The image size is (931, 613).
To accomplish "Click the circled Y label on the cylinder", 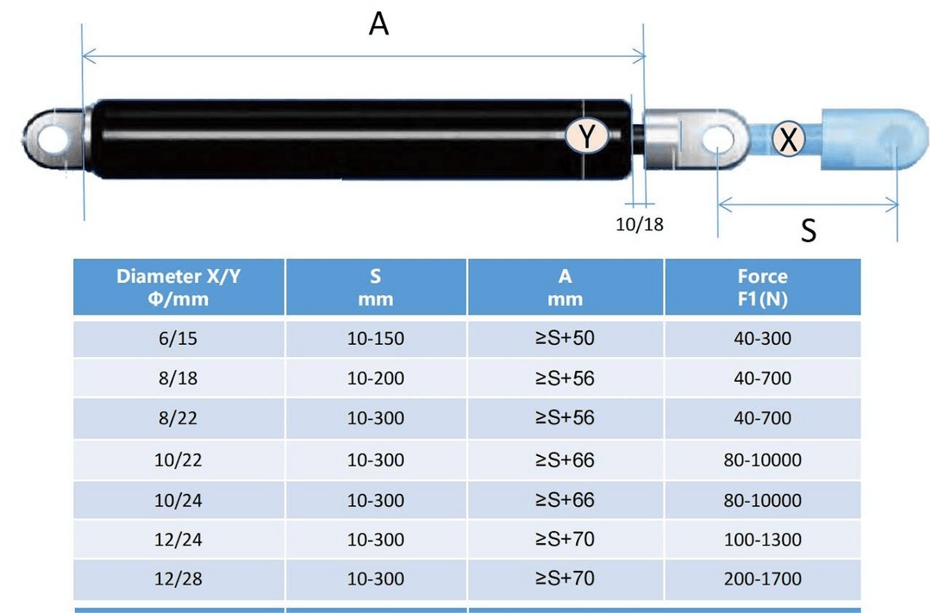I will (x=587, y=137).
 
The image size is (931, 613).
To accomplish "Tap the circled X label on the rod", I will (x=787, y=138).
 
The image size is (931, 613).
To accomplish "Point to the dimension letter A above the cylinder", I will (x=378, y=24).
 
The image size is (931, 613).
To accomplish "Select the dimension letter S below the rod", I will (x=808, y=230).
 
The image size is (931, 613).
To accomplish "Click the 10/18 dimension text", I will (x=640, y=224).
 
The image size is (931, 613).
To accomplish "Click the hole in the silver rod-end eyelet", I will (x=715, y=138).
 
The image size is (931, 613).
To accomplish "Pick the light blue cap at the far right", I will (x=862, y=138).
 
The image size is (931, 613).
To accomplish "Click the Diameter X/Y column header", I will (x=178, y=287).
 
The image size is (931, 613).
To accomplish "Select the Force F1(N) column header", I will (x=762, y=287).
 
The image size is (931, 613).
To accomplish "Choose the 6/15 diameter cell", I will (x=178, y=339).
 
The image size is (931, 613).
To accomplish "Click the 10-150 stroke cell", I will (x=375, y=339).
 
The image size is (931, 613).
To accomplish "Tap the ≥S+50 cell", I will (x=565, y=338).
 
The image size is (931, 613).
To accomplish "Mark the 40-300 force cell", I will (x=762, y=339).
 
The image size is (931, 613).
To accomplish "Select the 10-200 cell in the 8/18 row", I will (x=375, y=378).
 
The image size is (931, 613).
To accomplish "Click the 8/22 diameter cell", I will (x=178, y=419).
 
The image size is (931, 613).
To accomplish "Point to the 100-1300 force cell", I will (x=762, y=541).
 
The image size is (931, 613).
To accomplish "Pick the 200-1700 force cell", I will (x=762, y=579).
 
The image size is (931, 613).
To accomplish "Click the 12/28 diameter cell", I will (x=178, y=579).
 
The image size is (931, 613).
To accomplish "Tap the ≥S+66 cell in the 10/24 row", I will (x=565, y=500).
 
